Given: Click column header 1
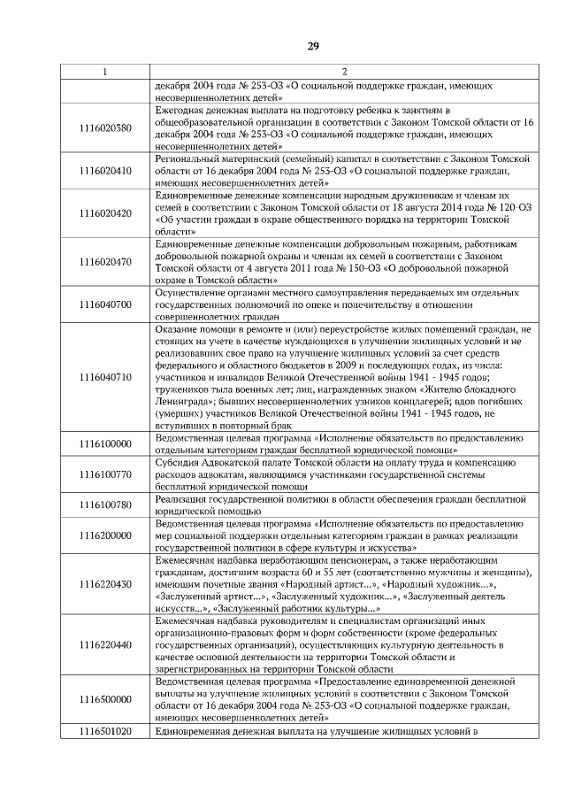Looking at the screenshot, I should (x=105, y=72).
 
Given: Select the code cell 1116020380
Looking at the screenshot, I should (x=105, y=127).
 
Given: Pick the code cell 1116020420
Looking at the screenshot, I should (x=105, y=212).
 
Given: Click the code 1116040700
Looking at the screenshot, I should (x=105, y=304).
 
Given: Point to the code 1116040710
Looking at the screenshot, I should (x=105, y=376).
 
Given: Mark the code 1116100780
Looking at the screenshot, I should (x=105, y=505).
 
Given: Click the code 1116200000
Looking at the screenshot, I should (x=105, y=535).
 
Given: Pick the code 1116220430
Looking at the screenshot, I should (x=105, y=584).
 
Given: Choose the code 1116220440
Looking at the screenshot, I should (x=105, y=645).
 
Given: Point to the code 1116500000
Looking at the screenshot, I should (x=105, y=700).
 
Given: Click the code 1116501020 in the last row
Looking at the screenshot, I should (x=105, y=731).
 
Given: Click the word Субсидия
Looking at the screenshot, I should (x=179, y=462).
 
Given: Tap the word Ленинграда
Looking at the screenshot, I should (x=185, y=401).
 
